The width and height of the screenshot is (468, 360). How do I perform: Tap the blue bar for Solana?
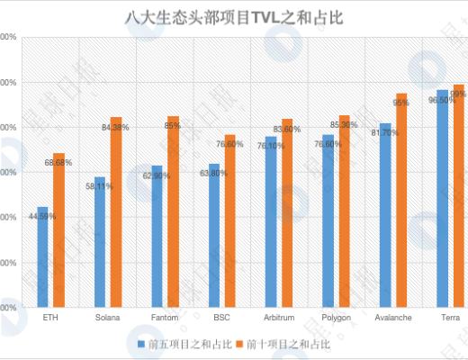click(100, 242)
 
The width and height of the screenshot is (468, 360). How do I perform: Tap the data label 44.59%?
click(41, 216)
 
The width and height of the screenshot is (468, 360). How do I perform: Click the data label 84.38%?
click(115, 128)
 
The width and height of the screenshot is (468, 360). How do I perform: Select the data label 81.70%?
click(384, 133)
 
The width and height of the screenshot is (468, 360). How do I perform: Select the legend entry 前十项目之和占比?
click(288, 344)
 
